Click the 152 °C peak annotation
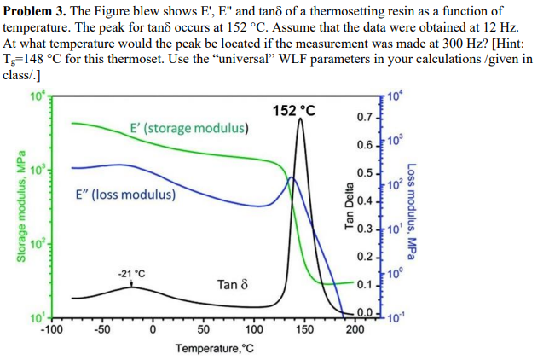click(x=294, y=110)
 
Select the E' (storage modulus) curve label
click(x=190, y=129)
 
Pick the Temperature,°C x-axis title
click(x=214, y=349)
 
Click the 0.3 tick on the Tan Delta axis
click(x=363, y=229)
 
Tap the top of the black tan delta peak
click(x=300, y=119)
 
